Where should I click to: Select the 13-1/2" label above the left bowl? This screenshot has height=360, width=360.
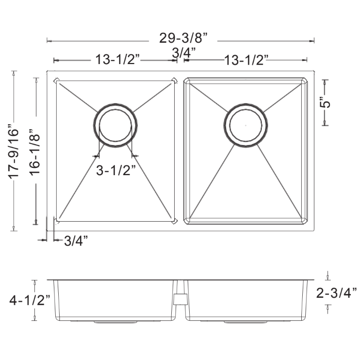pos(117,60)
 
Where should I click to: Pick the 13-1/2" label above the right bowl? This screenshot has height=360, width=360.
pos(246,61)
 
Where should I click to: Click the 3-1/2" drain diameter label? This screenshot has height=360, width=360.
pos(115,170)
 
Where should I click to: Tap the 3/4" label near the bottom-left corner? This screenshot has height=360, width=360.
pos(76,240)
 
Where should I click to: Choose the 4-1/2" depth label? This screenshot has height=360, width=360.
pos(30,300)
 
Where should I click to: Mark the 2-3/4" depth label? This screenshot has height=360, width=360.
pos(336,292)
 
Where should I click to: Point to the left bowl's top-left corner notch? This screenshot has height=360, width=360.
pos(56,81)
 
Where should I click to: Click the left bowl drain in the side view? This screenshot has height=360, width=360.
pos(109,322)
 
